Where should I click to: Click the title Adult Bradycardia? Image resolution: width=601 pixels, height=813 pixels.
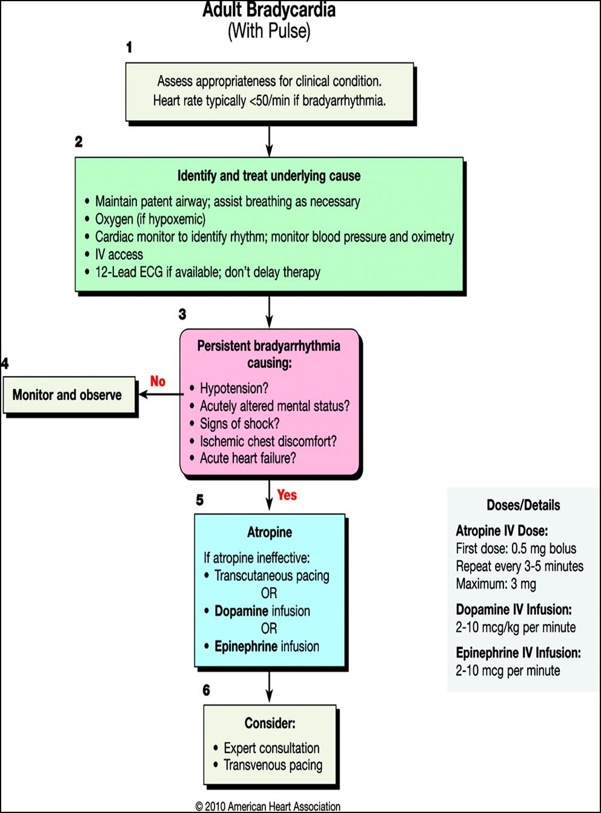[x=269, y=10]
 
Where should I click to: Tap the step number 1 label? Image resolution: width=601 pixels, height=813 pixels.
[x=129, y=47]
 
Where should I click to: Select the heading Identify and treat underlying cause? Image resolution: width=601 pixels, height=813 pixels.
[x=268, y=176]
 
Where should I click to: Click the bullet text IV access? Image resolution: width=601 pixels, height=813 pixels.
[x=119, y=254]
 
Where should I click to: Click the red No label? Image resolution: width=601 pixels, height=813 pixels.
[x=158, y=381]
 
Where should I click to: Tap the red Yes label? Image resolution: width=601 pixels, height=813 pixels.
[x=287, y=495]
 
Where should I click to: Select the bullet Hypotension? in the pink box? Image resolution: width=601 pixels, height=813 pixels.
[x=234, y=388]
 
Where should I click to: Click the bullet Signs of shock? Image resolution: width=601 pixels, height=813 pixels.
[x=239, y=423]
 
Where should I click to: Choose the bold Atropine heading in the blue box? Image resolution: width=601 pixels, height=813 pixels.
[x=270, y=533]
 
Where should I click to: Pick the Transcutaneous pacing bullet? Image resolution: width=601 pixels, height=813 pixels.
[x=271, y=576]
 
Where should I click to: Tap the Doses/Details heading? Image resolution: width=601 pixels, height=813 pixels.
[x=523, y=505]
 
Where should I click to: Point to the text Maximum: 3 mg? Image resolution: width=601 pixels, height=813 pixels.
[x=496, y=584]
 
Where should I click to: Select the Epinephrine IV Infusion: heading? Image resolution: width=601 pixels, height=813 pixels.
[x=518, y=653]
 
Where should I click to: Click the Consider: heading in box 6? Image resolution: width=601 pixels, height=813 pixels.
[x=270, y=723]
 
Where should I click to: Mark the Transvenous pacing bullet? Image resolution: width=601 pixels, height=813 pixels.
[x=273, y=765]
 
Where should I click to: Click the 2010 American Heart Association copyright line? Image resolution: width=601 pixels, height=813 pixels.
[x=268, y=806]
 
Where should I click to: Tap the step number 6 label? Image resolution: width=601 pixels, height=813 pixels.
[x=206, y=691]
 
